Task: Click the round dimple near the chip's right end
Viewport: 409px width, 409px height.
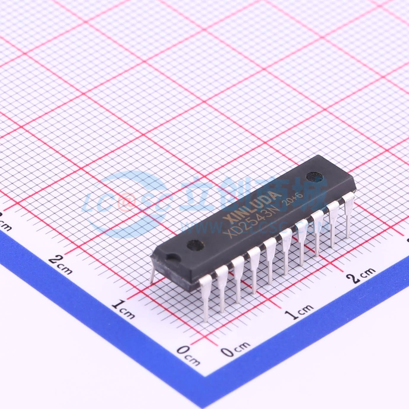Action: coord(312,177)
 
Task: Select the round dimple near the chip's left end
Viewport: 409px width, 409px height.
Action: coord(195,245)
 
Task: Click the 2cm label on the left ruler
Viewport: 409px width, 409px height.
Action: coord(61,263)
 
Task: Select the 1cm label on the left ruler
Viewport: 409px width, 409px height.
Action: coord(123,308)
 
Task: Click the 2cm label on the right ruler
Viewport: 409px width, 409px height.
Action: coord(362,274)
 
